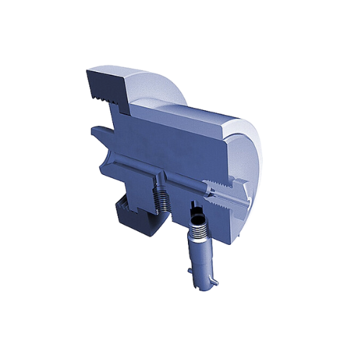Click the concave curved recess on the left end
[x=108, y=155]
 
